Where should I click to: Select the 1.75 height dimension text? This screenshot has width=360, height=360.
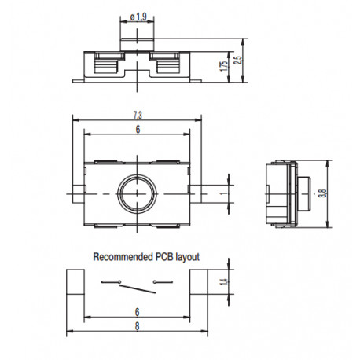pos(225,65)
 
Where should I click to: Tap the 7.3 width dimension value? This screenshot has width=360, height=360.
pos(138,116)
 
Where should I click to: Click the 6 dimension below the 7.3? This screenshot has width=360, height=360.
pos(138,130)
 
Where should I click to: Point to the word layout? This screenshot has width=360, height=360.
pos(188,256)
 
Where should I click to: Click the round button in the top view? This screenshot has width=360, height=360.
pos(138,191)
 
